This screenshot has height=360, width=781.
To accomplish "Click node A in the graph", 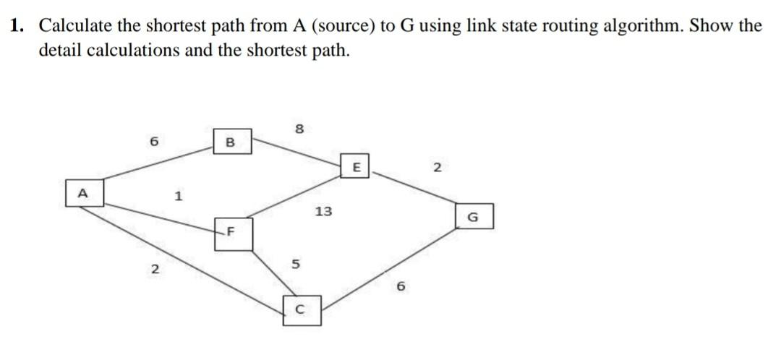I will pyautogui.click(x=83, y=194).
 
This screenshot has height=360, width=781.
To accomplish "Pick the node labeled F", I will pyautogui.click(x=234, y=233).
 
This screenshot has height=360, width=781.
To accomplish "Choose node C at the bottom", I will pyautogui.click(x=302, y=312).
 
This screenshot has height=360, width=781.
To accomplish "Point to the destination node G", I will pyautogui.click(x=474, y=215).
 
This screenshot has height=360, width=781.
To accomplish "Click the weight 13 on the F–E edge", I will pyautogui.click(x=323, y=212).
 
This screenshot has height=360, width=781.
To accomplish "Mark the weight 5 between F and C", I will pyautogui.click(x=294, y=263).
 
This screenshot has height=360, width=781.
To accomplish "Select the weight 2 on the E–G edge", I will pyautogui.click(x=436, y=168).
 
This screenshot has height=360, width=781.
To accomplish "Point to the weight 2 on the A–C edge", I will pyautogui.click(x=153, y=270).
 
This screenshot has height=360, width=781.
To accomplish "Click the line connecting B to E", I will pyautogui.click(x=296, y=153).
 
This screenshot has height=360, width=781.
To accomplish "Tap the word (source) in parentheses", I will pyautogui.click(x=339, y=26).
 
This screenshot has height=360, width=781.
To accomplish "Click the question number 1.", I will pyautogui.click(x=16, y=26).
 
